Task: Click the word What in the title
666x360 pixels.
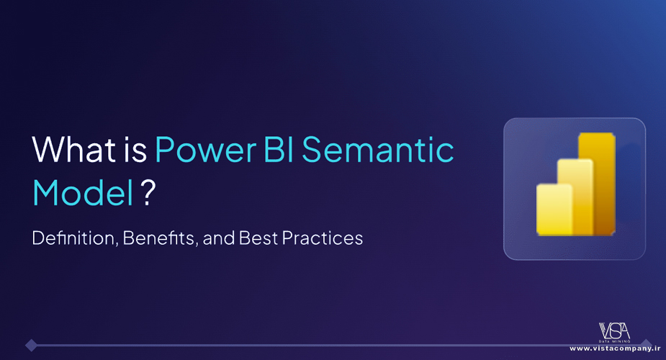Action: tap(74, 149)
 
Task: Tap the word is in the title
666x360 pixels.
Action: tap(135, 149)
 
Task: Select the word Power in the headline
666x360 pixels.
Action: tap(206, 150)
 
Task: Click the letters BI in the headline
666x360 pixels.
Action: tap(279, 149)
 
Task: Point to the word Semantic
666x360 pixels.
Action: tap(378, 150)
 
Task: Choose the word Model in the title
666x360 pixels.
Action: tap(84, 192)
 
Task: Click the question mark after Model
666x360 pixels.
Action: tap(148, 192)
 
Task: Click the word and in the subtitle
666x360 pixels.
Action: tap(218, 238)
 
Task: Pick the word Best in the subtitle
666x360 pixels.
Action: tap(257, 238)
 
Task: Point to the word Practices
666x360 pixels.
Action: tap(322, 238)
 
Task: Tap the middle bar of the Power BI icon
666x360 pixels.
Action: tap(575, 197)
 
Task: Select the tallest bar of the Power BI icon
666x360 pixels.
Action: tap(597, 184)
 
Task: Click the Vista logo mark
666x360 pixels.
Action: tap(614, 330)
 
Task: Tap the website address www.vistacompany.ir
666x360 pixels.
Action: tap(615, 348)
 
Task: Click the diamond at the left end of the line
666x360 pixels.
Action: tap(31, 345)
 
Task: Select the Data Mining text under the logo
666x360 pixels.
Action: tap(615, 341)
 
